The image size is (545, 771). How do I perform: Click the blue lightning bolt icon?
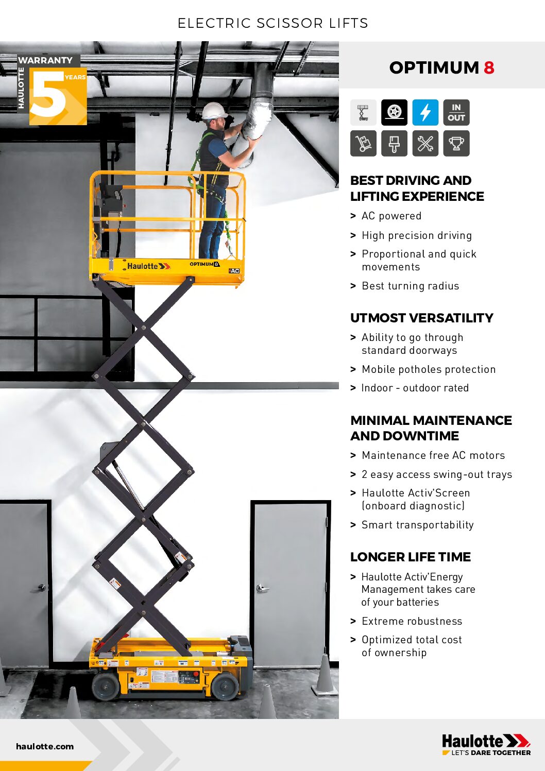click(425, 112)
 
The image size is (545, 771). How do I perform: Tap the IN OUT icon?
click(456, 112)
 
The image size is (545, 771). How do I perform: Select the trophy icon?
click(456, 143)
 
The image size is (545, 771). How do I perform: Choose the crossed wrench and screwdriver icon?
click(425, 143)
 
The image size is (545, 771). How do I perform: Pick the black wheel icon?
click(394, 112)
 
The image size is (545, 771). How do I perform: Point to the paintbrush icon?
click(394, 143)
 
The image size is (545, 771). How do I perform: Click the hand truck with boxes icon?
click(363, 143)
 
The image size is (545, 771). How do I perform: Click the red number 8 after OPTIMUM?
click(489, 67)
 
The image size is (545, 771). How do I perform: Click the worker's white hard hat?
click(214, 111)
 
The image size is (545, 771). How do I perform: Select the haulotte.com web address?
click(45, 746)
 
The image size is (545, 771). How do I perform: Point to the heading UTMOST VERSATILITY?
click(421, 318)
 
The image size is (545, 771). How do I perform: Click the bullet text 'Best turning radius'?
click(410, 286)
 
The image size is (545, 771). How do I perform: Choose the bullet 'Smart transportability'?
click(417, 525)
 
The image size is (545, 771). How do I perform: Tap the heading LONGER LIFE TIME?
click(410, 557)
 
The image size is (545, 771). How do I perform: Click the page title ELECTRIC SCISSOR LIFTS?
click(272, 23)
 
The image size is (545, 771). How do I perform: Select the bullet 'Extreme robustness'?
click(412, 621)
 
